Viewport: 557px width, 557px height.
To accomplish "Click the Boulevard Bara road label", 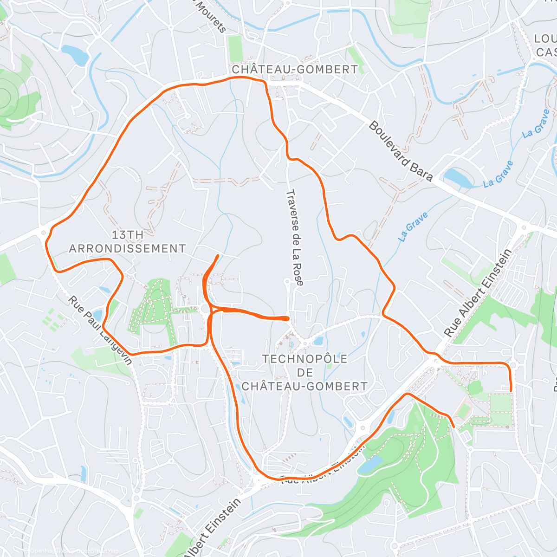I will click(401, 151).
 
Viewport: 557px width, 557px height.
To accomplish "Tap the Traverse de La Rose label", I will click(295, 238).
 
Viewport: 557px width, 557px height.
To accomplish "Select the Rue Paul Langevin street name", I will click(100, 330).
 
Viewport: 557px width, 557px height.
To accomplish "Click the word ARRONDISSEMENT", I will click(127, 249).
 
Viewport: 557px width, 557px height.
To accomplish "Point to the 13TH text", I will click(127, 235).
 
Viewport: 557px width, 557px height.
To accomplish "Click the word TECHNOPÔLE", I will click(304, 359).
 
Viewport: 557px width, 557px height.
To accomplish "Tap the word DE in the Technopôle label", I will click(304, 372).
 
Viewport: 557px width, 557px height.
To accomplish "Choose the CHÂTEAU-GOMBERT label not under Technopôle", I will click(295, 70).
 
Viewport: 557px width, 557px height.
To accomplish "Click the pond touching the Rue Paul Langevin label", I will click(98, 315).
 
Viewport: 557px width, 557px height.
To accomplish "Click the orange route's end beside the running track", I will click(453, 425).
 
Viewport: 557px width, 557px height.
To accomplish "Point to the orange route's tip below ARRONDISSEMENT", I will click(218, 256).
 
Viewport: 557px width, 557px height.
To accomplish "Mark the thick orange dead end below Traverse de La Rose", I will click(288, 318).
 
